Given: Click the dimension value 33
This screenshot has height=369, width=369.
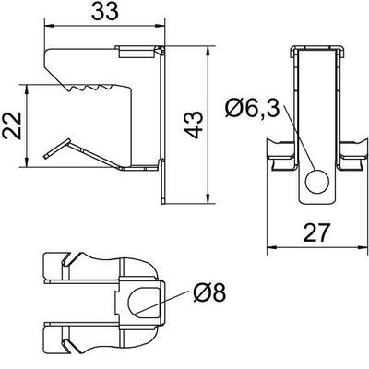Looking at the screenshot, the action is tap(105, 11).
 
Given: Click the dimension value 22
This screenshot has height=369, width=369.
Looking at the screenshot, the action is tap(12, 125).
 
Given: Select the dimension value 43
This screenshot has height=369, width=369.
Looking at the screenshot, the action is tap(194, 125).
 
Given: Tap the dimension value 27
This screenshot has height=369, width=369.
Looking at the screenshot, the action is tap(316, 232).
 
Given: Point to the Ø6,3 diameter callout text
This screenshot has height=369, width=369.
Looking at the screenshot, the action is tap(252, 109).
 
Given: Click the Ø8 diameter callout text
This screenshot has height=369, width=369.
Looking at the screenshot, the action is tap(209, 292).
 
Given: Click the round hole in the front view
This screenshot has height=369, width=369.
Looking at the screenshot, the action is tap(317, 182).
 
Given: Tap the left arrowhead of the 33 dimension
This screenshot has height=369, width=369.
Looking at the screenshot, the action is tap(49, 27).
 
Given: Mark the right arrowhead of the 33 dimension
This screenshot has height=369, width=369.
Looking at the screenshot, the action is tap(161, 27).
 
